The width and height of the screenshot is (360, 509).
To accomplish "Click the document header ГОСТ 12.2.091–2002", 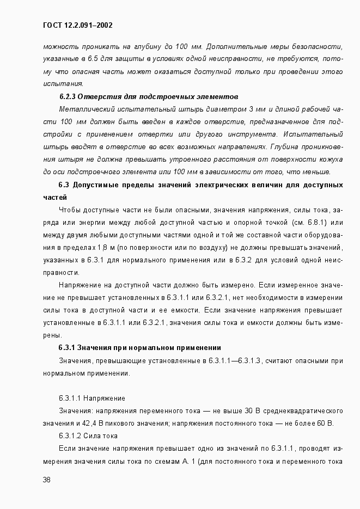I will tap(77, 25).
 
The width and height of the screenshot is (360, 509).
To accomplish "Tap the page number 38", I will tap(46, 480).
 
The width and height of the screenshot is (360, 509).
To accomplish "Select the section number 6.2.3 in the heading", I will tap(67, 96).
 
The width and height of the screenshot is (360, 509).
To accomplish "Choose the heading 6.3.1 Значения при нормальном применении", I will tap(139, 347).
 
